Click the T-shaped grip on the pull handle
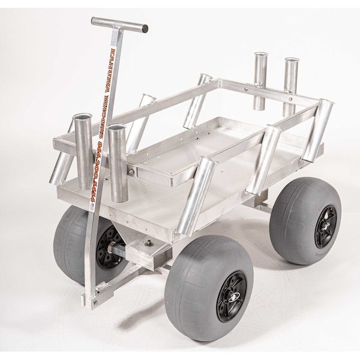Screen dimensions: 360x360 (x=119, y=24)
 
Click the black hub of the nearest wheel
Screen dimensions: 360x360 (x=232, y=296)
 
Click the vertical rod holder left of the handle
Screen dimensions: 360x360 (x=82, y=150)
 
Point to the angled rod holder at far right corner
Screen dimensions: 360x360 (x=318, y=129)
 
